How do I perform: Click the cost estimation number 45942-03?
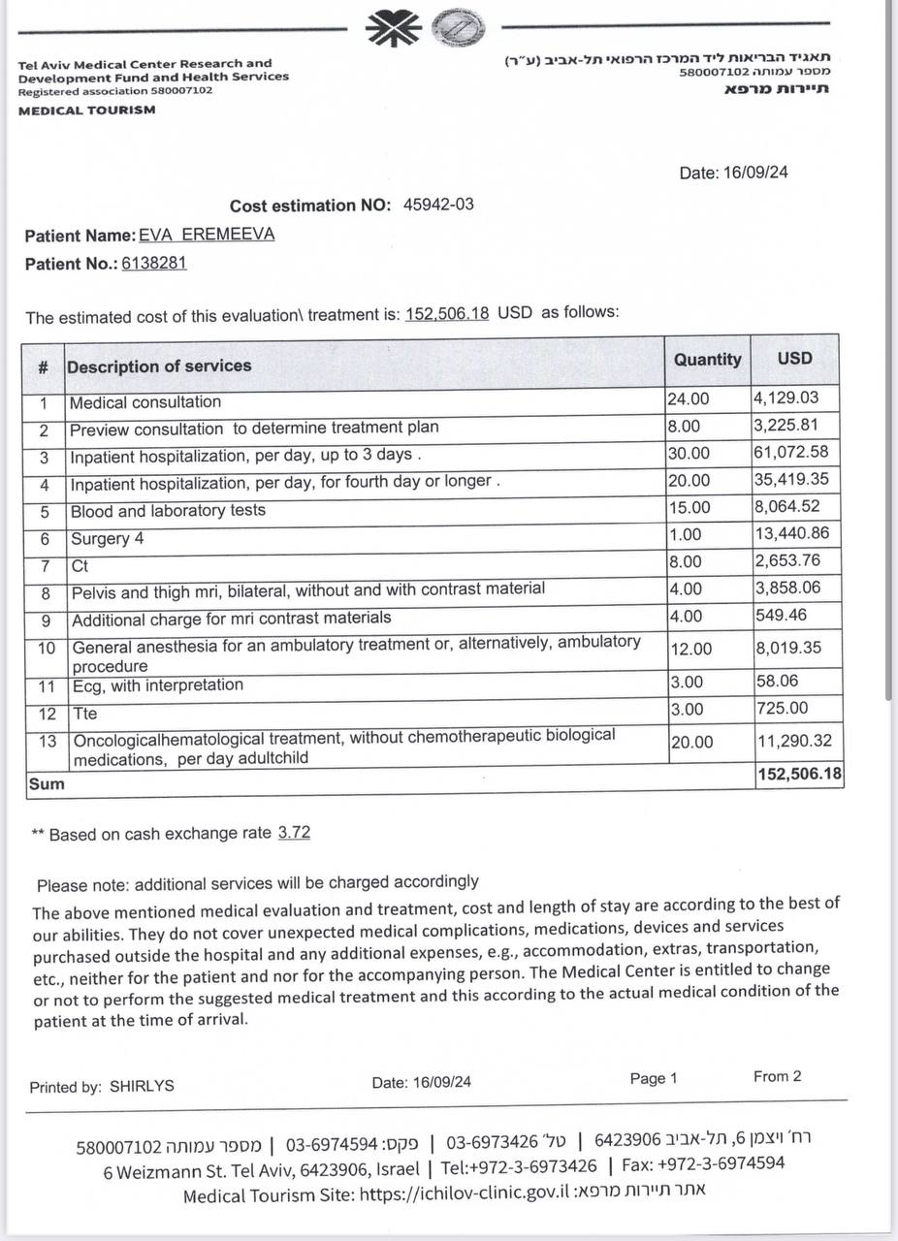[438, 205]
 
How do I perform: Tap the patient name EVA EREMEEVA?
[207, 235]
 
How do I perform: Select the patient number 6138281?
[153, 263]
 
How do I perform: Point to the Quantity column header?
[707, 359]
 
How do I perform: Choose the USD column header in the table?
[794, 358]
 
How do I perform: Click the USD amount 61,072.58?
[792, 453]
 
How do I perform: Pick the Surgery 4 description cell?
[107, 538]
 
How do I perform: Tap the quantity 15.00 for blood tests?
[689, 507]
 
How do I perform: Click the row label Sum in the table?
[47, 784]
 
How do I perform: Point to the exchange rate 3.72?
[294, 833]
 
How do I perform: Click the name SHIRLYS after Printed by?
[142, 1086]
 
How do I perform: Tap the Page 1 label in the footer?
[654, 1078]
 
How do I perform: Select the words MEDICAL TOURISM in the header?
[86, 110]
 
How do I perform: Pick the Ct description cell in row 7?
[80, 564]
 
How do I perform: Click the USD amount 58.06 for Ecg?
[776, 682]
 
